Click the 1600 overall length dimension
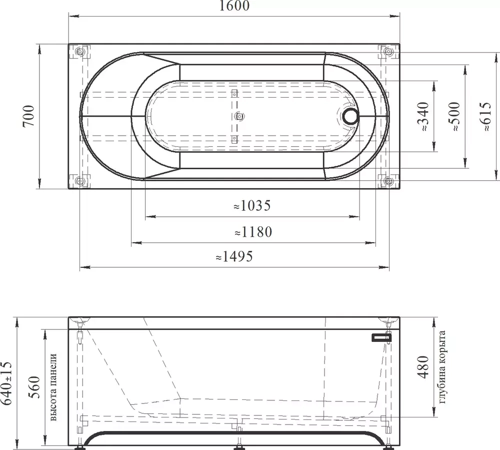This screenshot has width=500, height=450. tap(234, 6)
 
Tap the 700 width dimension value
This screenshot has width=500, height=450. tap(28, 116)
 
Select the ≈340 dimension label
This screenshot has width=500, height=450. tap(423, 117)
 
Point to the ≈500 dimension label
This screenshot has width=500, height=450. tap(454, 117)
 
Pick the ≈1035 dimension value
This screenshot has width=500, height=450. tap(252, 206)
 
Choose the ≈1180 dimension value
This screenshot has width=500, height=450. tap(253, 232)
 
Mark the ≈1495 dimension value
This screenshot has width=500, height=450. tap(234, 256)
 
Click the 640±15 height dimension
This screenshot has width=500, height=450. tap(6, 383)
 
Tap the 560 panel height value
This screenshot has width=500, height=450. tap(34, 387)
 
